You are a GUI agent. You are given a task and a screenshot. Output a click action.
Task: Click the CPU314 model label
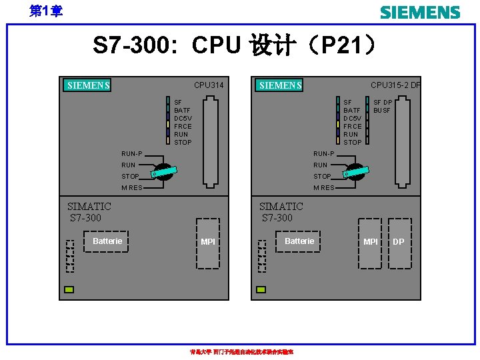pyautogui.click(x=209, y=85)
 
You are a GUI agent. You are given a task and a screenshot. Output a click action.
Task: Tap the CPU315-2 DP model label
pyautogui.click(x=395, y=85)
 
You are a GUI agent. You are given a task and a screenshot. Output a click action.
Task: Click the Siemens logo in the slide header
pyautogui.click(x=419, y=13)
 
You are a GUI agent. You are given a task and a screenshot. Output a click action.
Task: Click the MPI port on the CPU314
pyautogui.click(x=208, y=242)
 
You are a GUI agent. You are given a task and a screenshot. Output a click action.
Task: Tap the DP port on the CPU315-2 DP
pyautogui.click(x=399, y=242)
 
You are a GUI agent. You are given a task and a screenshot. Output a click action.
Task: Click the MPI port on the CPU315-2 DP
pyautogui.click(x=370, y=242)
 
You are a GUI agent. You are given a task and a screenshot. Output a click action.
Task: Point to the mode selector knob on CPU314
pyautogui.click(x=164, y=172)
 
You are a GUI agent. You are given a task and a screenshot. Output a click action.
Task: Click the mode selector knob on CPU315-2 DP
pyautogui.click(x=356, y=172)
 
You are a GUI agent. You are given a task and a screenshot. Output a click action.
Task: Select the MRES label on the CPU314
pyautogui.click(x=131, y=188)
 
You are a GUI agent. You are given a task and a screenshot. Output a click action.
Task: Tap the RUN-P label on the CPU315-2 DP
pyautogui.click(x=324, y=154)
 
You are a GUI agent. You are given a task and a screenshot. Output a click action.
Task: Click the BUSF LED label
pyautogui.click(x=382, y=110)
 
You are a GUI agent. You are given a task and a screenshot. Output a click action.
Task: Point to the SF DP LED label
pyautogui.click(x=383, y=102)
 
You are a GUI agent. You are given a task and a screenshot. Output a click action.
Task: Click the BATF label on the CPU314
pyautogui.click(x=182, y=110)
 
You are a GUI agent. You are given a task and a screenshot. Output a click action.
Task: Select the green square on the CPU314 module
pyautogui.click(x=69, y=289)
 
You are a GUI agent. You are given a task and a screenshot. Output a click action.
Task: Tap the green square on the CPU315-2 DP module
pyautogui.click(x=261, y=289)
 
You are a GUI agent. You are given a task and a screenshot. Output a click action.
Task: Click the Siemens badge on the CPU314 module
pyautogui.click(x=89, y=85)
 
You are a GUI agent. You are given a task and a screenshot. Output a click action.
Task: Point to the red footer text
pyautogui.click(x=242, y=352)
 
